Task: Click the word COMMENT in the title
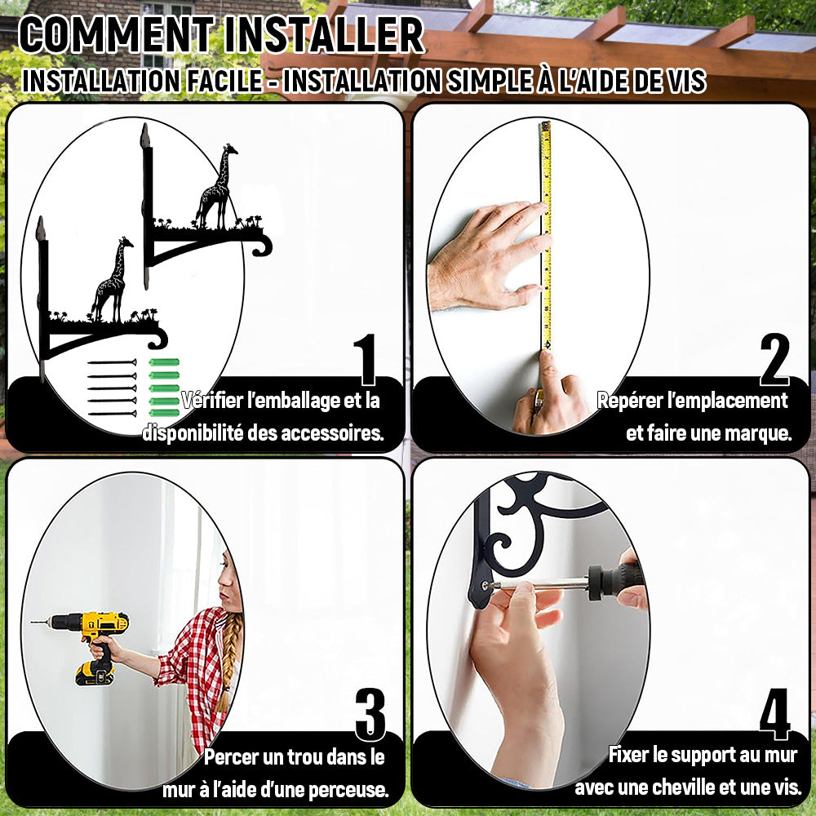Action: click(117, 35)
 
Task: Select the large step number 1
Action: click(366, 359)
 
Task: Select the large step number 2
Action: click(774, 359)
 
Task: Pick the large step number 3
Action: click(370, 715)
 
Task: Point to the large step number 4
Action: click(775, 714)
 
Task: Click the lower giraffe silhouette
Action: click(112, 280)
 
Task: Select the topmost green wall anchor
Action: click(165, 362)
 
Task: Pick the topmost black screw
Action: click(113, 362)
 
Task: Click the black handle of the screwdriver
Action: click(617, 578)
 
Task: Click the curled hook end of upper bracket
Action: click(264, 246)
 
